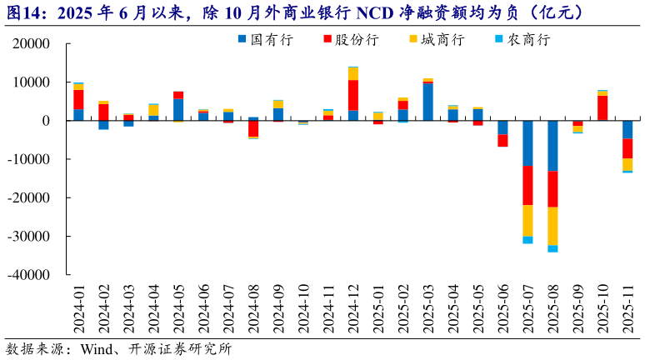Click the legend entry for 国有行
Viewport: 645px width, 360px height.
[265, 39]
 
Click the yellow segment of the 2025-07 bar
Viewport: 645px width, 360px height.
[527, 220]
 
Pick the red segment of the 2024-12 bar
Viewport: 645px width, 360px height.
[353, 95]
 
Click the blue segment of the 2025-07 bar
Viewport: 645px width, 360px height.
[527, 143]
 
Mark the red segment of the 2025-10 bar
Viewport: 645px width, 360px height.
[602, 107]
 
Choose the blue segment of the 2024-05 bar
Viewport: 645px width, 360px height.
[178, 110]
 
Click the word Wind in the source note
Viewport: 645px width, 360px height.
[94, 348]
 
